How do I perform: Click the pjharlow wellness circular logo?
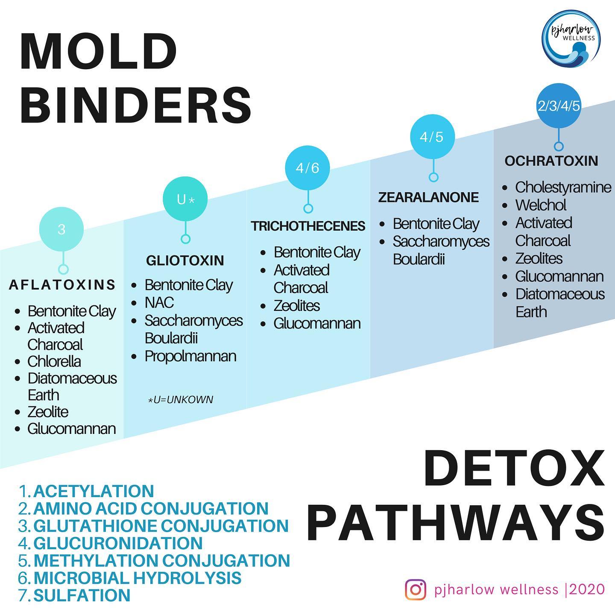[x=571, y=38]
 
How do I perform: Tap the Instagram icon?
[x=416, y=589]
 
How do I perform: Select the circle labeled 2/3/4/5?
[x=559, y=106]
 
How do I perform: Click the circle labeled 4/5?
[x=432, y=137]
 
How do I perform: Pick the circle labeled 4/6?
[x=307, y=168]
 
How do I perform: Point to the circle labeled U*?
[x=185, y=199]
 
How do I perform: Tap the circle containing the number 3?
[x=61, y=229]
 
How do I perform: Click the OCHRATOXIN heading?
[x=551, y=161]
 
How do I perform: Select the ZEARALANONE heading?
[x=428, y=197]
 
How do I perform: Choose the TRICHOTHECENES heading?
[x=308, y=226]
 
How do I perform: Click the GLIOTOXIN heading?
[x=185, y=261]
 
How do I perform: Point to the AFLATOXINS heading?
[x=62, y=285]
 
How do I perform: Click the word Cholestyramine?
[x=563, y=187]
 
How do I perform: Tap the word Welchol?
[x=541, y=205]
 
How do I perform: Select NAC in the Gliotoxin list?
[x=159, y=302]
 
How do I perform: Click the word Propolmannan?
[x=190, y=357]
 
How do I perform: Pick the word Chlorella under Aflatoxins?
[x=54, y=362]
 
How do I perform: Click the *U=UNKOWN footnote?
[x=181, y=400]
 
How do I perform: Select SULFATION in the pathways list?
[x=82, y=595]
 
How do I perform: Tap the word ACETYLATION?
[x=94, y=491]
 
